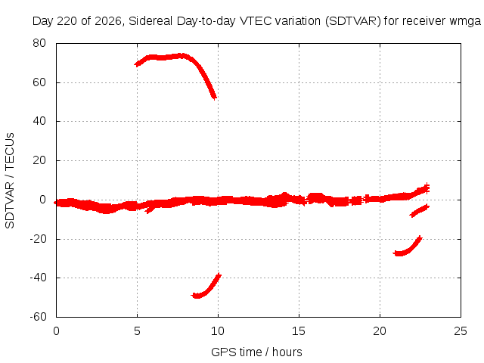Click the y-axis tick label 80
click(x=39, y=43)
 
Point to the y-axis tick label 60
click(x=39, y=82)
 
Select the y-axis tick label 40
click(x=39, y=121)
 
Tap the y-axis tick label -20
click(x=38, y=239)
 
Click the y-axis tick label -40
click(x=38, y=278)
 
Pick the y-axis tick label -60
click(x=38, y=316)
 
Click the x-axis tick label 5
click(x=137, y=331)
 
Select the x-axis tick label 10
click(x=218, y=331)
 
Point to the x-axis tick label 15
click(x=299, y=331)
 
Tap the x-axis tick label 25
click(x=461, y=331)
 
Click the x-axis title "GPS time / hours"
click(x=256, y=352)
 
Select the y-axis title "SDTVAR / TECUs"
click(x=10, y=181)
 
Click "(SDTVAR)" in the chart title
click(x=353, y=21)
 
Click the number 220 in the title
click(x=67, y=21)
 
